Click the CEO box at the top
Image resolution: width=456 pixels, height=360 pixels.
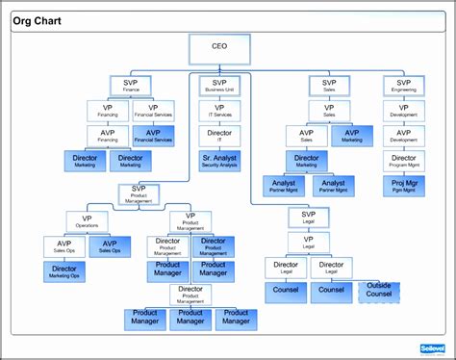(x=219, y=46)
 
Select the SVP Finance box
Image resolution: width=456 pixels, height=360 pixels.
(x=130, y=86)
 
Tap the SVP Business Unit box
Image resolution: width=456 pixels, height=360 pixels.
(x=219, y=86)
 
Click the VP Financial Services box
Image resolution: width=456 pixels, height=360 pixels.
(x=154, y=111)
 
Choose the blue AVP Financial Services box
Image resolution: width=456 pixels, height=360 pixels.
(x=154, y=136)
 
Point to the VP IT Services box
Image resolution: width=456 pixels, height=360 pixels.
(x=219, y=111)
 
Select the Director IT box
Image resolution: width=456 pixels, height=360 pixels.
(x=219, y=136)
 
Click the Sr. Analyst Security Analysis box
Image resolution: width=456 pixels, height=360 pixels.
(x=219, y=160)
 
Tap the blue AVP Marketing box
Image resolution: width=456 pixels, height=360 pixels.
(x=352, y=136)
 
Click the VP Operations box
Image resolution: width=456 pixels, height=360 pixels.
(x=87, y=222)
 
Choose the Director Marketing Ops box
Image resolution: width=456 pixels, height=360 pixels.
(x=64, y=272)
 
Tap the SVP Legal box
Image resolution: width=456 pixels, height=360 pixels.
(x=308, y=218)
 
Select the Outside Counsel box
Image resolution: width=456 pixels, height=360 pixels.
(x=378, y=290)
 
